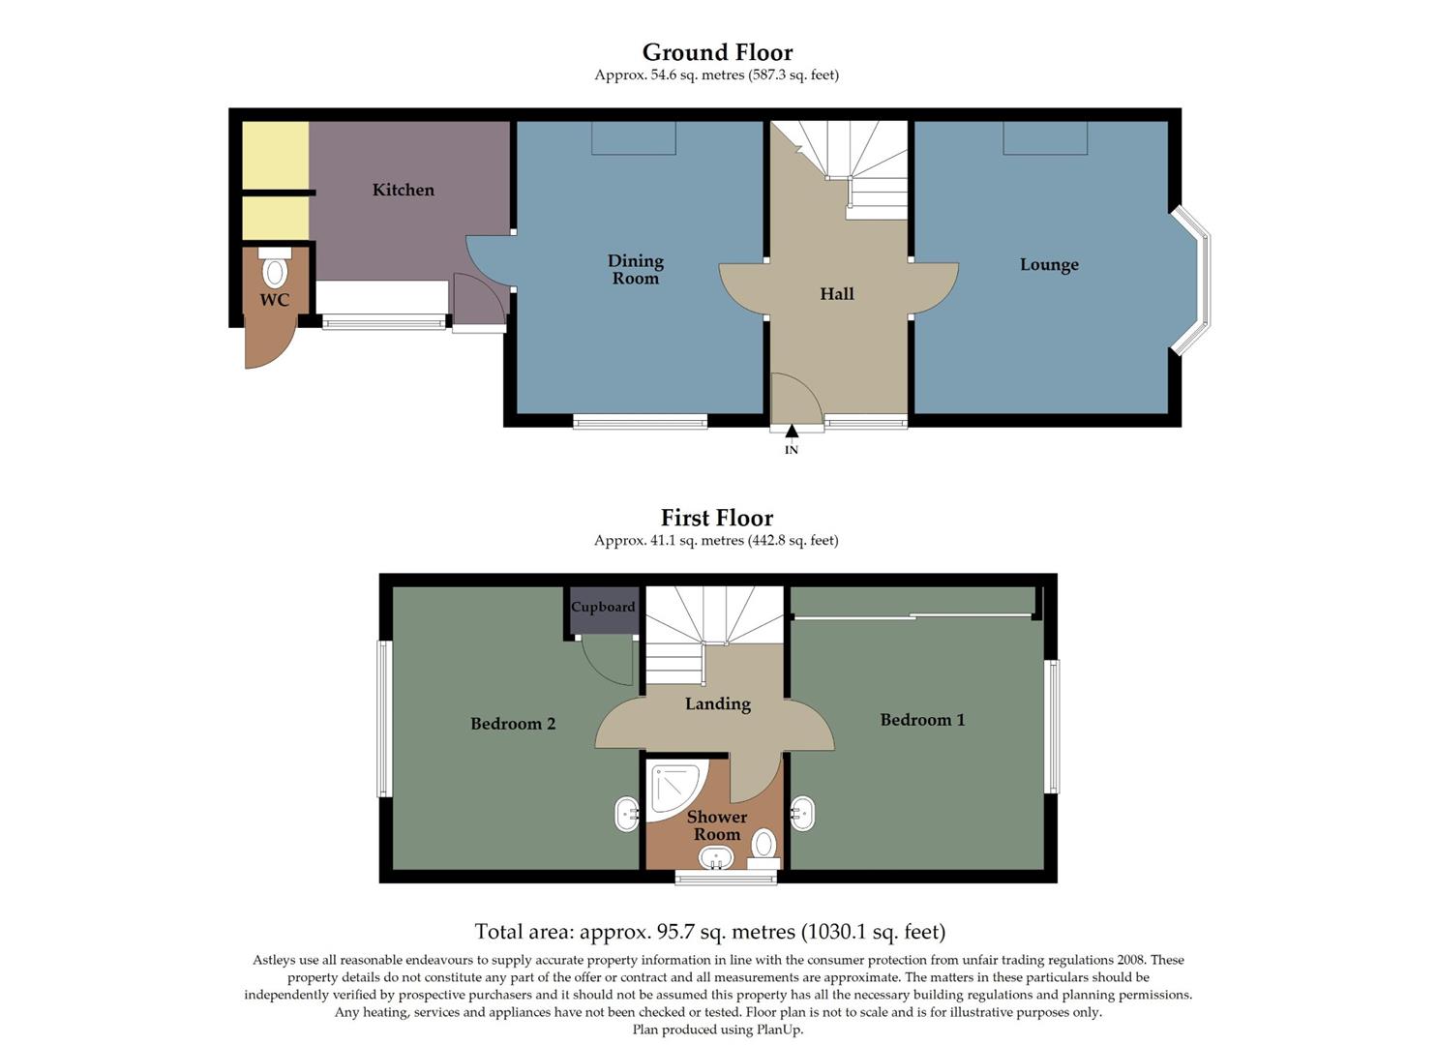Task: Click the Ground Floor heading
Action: tap(717, 52)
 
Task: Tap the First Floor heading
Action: tap(717, 518)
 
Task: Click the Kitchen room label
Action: tap(404, 190)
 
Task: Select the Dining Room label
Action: tap(635, 269)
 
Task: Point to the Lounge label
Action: tap(1049, 264)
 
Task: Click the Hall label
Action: tap(837, 294)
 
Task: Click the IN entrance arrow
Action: tap(792, 432)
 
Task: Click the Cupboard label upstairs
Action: tap(603, 608)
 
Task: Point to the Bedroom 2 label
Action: tap(513, 724)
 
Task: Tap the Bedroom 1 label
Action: tap(922, 720)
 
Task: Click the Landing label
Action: tap(717, 703)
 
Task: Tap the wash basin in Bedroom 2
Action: tap(627, 814)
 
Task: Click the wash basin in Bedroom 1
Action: tap(802, 814)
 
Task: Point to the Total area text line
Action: tap(709, 932)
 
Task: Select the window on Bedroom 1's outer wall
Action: tap(1053, 726)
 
